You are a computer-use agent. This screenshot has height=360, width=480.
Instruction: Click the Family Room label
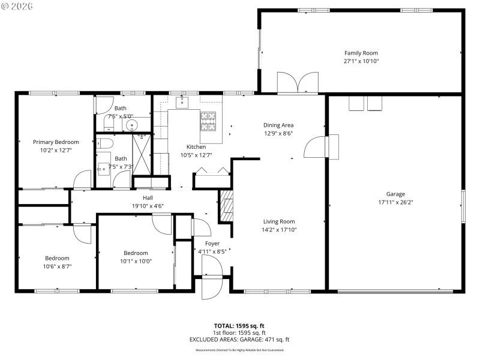click(x=361, y=53)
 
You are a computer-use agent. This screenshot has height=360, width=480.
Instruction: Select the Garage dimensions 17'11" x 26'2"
click(x=395, y=202)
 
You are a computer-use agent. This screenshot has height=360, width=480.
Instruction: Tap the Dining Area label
click(x=278, y=125)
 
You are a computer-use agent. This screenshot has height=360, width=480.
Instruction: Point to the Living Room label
click(x=278, y=221)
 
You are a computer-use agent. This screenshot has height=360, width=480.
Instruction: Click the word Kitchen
click(x=196, y=147)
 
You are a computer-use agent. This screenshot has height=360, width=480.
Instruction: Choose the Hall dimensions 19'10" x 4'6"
click(x=148, y=206)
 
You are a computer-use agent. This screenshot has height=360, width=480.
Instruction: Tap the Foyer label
click(x=212, y=244)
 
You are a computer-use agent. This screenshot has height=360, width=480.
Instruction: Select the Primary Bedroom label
click(x=56, y=142)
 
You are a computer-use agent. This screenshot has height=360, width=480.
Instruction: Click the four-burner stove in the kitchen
click(x=208, y=122)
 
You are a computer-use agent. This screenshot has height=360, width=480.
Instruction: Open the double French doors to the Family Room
click(x=298, y=83)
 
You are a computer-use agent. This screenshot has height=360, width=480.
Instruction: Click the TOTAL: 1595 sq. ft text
click(x=239, y=325)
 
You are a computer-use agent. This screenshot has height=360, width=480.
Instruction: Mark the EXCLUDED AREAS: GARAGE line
click(x=239, y=340)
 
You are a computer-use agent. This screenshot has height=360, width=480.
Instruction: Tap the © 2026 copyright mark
click(x=17, y=7)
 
